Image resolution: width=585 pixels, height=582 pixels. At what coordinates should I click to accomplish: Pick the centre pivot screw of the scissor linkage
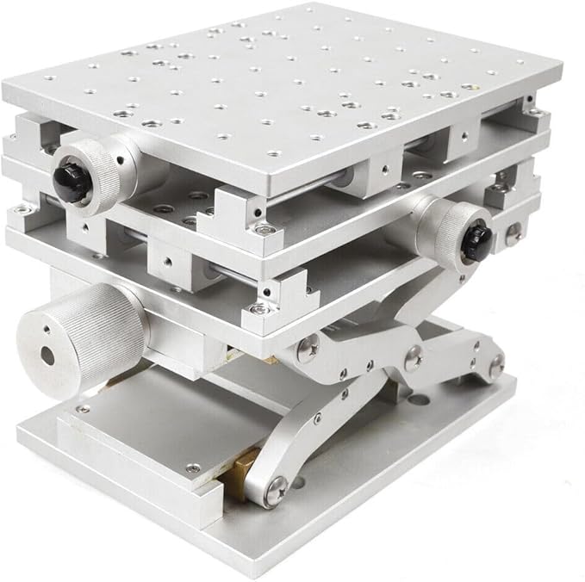pos(413,352)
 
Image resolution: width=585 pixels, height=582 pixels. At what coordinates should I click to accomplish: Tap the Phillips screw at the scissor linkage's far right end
pos(497,364)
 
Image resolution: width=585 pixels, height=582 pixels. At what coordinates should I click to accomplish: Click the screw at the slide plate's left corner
pos(83,410)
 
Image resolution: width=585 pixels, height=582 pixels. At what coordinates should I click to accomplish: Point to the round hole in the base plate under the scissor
pos(418,400)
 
